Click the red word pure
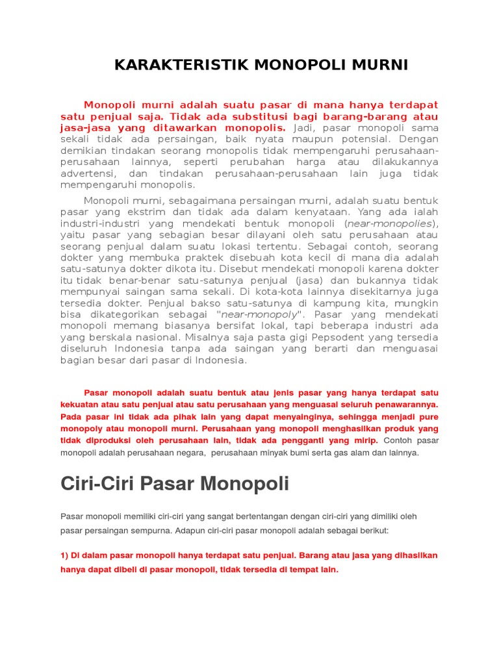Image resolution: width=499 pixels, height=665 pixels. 429,417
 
